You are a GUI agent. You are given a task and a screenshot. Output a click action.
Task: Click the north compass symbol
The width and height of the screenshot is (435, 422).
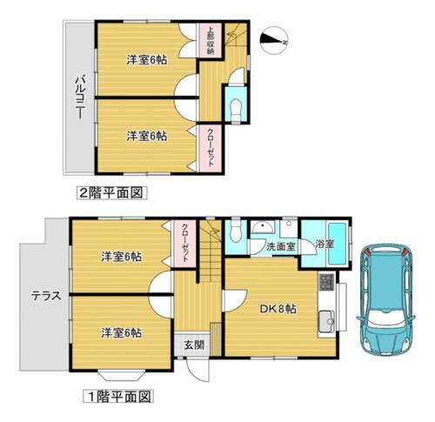[x=277, y=38]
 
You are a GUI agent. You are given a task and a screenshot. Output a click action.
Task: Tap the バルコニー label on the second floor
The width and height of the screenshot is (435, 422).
[x=77, y=97]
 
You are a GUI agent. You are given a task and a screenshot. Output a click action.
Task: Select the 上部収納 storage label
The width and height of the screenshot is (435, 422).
[x=210, y=40]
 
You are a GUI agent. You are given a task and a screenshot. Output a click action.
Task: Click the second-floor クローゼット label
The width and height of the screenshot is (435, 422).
[x=210, y=147]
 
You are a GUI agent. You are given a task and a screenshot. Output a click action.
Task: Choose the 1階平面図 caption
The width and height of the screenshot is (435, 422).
[x=118, y=397]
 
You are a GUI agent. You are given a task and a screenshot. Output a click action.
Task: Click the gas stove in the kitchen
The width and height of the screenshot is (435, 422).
[x=326, y=283]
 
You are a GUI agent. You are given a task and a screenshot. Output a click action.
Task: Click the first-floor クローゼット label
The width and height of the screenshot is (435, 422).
[x=185, y=243]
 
